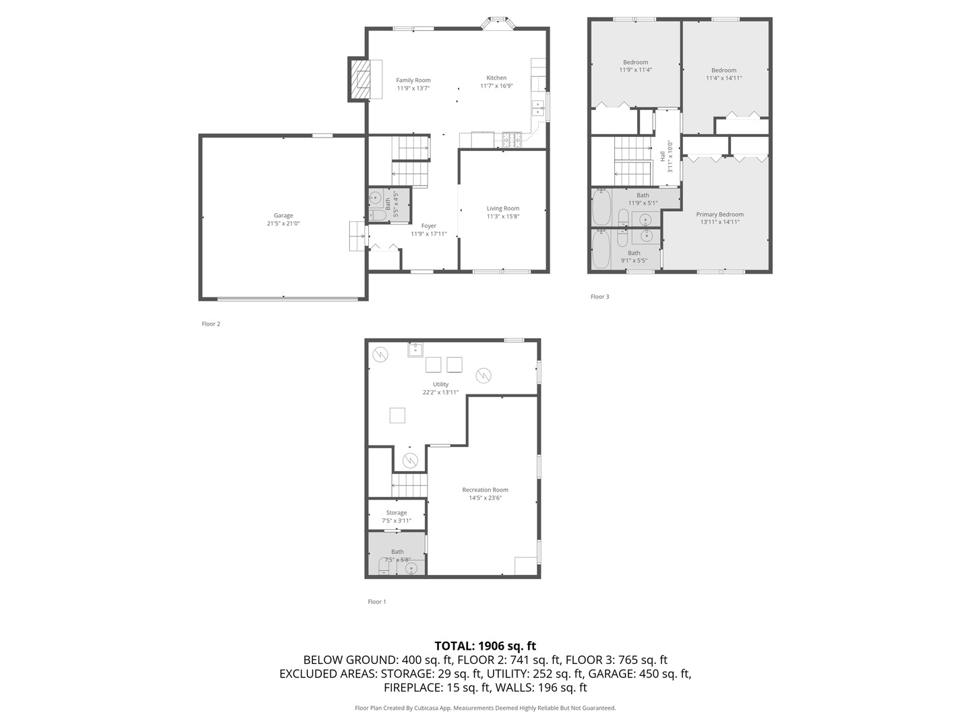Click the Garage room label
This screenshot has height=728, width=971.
[283, 216]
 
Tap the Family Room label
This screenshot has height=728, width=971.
[413, 80]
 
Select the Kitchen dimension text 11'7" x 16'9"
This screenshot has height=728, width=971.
[496, 86]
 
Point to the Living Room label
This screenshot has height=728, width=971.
[503, 208]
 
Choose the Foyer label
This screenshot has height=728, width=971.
[428, 226]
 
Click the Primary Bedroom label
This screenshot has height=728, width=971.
[719, 214]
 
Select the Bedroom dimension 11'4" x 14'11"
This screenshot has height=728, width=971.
[724, 78]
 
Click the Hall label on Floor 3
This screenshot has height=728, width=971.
[663, 156]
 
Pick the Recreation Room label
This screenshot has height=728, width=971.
[485, 490]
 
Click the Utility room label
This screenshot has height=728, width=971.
[440, 384]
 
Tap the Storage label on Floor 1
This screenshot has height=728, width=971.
[396, 513]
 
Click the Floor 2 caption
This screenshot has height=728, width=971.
[211, 324]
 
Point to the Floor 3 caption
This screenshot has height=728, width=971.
[599, 297]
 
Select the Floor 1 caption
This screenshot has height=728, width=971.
[377, 602]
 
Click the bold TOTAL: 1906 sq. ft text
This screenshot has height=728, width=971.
[485, 646]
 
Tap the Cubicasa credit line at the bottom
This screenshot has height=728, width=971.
[485, 708]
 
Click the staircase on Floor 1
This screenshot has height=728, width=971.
[409, 485]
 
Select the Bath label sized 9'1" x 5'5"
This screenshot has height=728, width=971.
[634, 253]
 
